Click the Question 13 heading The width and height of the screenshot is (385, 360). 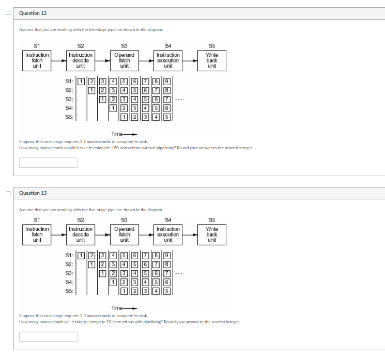click(x=33, y=193)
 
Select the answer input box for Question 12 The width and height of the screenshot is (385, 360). click(x=48, y=163)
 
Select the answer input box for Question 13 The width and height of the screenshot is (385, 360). click(x=48, y=337)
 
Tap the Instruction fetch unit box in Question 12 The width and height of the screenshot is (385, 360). click(x=37, y=60)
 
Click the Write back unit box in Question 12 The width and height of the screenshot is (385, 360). click(x=212, y=60)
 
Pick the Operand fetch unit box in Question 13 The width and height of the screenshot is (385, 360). click(x=125, y=234)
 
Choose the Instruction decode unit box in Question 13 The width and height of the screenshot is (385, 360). click(x=81, y=234)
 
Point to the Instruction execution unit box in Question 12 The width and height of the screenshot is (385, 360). click(x=168, y=60)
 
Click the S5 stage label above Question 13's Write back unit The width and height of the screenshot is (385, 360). click(x=212, y=219)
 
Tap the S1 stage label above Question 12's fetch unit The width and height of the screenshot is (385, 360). click(x=37, y=45)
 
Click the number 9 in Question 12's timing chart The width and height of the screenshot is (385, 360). click(x=167, y=81)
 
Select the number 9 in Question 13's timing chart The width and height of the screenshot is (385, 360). click(x=167, y=255)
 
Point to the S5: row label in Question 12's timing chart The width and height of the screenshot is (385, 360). click(x=69, y=117)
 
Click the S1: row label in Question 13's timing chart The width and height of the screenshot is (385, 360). click(x=69, y=255)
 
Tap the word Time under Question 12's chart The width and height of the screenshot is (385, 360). click(x=117, y=133)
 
